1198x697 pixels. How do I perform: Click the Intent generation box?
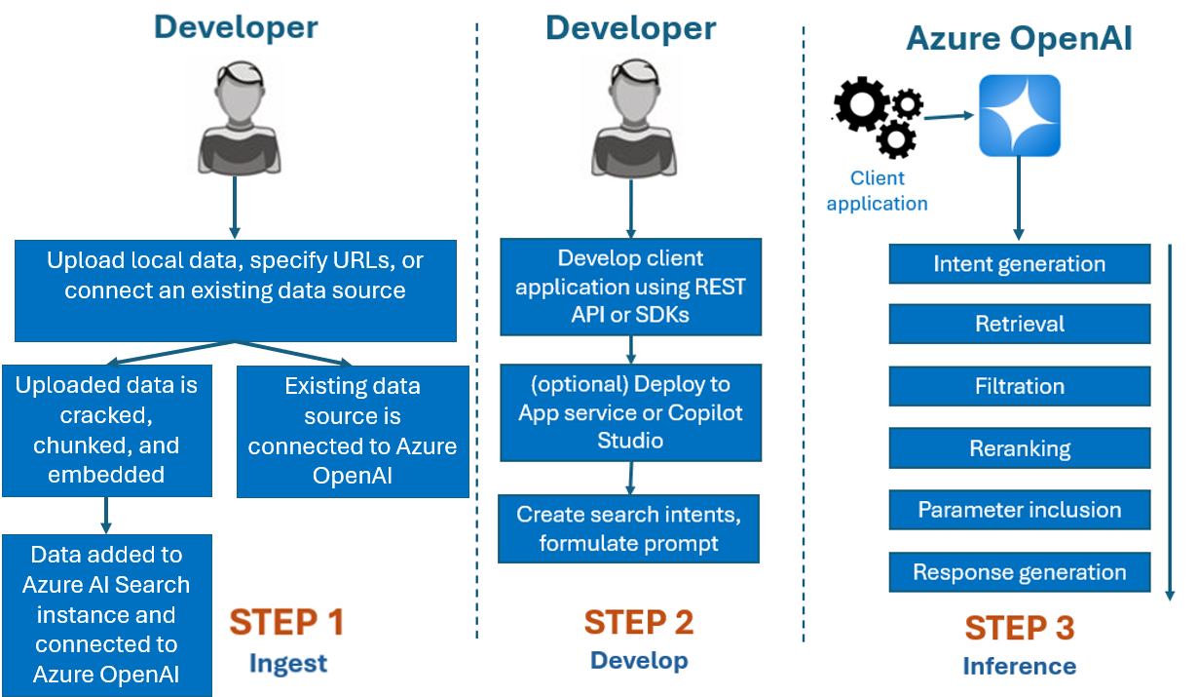coord(1019,264)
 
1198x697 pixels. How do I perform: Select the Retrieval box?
coord(1019,325)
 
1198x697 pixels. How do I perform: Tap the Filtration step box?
coord(1019,387)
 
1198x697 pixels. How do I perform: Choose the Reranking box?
coord(1019,448)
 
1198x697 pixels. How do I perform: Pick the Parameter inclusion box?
coord(1019,510)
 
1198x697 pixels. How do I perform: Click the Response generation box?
coord(1019,572)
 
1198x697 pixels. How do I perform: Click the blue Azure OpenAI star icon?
coord(1019,116)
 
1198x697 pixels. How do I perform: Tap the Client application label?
coord(877,191)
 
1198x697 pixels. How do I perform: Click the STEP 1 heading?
coord(287,622)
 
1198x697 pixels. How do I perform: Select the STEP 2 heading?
coord(640,621)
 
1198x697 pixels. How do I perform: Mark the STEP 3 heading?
coord(1019,628)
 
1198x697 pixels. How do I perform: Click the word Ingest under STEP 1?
coord(288,664)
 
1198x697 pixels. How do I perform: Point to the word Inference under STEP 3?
coord(1019,667)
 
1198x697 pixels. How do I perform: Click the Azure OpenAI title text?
coord(1019,39)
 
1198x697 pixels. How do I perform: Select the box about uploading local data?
coord(236,290)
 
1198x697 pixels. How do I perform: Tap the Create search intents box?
coord(628,528)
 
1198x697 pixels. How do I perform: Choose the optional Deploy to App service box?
coord(630,412)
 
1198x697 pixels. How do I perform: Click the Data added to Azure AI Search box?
coord(106,614)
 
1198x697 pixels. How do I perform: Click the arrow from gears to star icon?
coord(950,117)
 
